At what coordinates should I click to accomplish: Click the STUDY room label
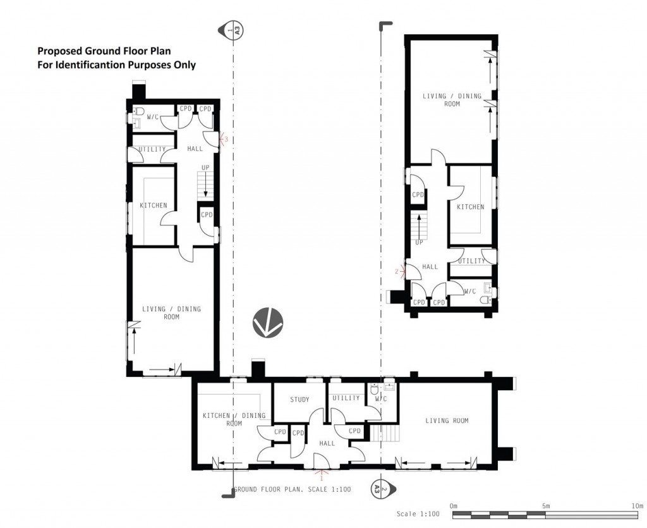pyautogui.click(x=299, y=400)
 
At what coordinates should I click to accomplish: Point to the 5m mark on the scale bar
pyautogui.click(x=547, y=507)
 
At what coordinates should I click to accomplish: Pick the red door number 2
pyautogui.click(x=397, y=272)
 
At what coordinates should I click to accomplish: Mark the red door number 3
pyautogui.click(x=225, y=139)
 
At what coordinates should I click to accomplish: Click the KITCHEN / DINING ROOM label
pyautogui.click(x=234, y=419)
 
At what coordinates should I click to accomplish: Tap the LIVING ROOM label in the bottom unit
pyautogui.click(x=447, y=421)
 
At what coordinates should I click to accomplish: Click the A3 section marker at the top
pyautogui.click(x=234, y=29)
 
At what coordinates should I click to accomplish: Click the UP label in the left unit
pyautogui.click(x=205, y=168)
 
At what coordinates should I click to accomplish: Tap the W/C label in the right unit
pyautogui.click(x=469, y=292)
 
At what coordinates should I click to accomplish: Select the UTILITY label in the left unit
pyautogui.click(x=152, y=150)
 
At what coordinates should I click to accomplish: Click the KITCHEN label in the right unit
pyautogui.click(x=470, y=207)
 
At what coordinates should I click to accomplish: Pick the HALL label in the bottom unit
pyautogui.click(x=327, y=444)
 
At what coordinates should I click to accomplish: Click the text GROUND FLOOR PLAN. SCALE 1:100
pyautogui.click(x=292, y=489)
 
